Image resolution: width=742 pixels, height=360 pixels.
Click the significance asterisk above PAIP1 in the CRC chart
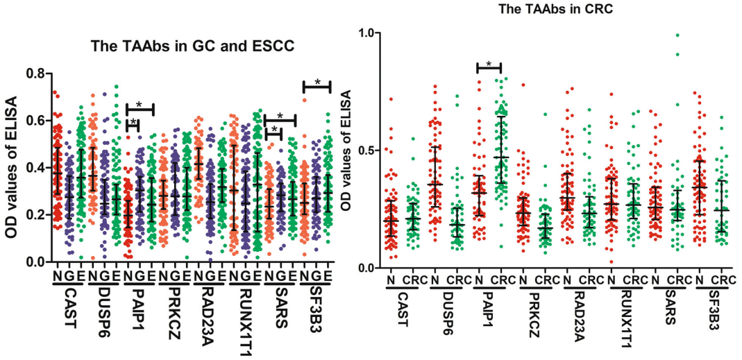[x=489, y=65]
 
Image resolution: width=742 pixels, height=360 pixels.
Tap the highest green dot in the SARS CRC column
[x=677, y=35]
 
